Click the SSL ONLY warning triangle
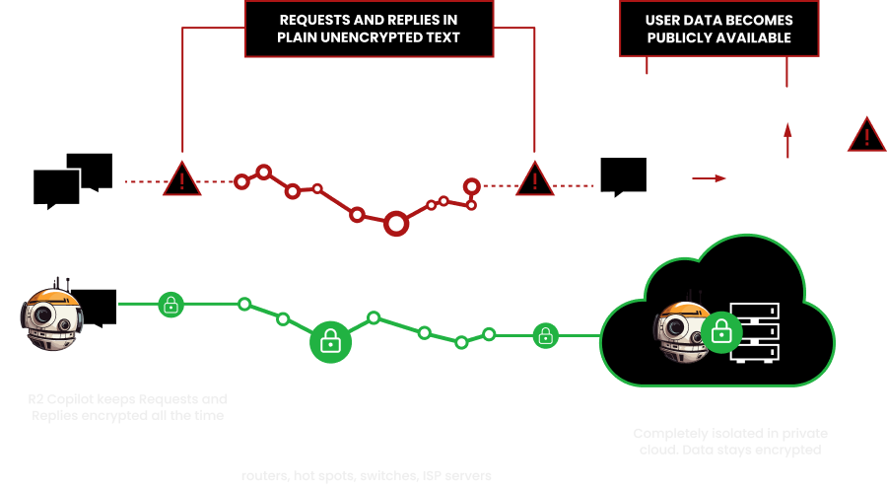click(181, 180)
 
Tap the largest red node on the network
click(396, 225)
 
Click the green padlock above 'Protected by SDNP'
click(171, 304)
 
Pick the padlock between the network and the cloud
click(544, 336)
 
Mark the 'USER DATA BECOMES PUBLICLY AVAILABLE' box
click(717, 28)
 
